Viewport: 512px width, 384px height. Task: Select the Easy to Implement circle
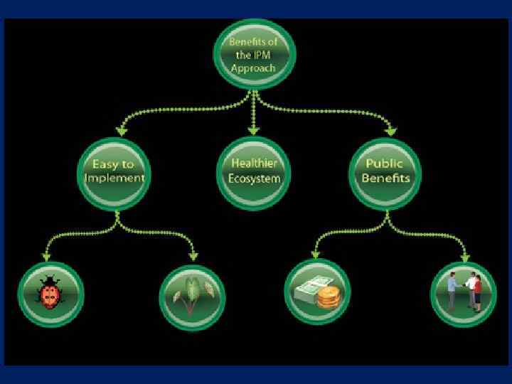pyautogui.click(x=114, y=172)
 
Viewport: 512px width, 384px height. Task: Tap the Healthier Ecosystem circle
pyautogui.click(x=255, y=172)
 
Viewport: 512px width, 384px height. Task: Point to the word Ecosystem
pyautogui.click(x=255, y=179)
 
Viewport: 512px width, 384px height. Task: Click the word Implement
pyautogui.click(x=114, y=179)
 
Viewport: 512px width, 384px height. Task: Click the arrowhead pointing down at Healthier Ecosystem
pyautogui.click(x=254, y=130)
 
